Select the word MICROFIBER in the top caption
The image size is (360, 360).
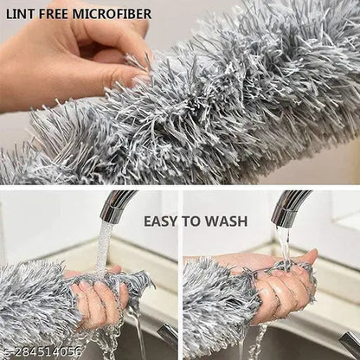112,14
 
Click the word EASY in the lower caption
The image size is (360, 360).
162,222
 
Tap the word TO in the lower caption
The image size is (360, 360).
192,222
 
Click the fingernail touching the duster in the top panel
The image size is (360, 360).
139,80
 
